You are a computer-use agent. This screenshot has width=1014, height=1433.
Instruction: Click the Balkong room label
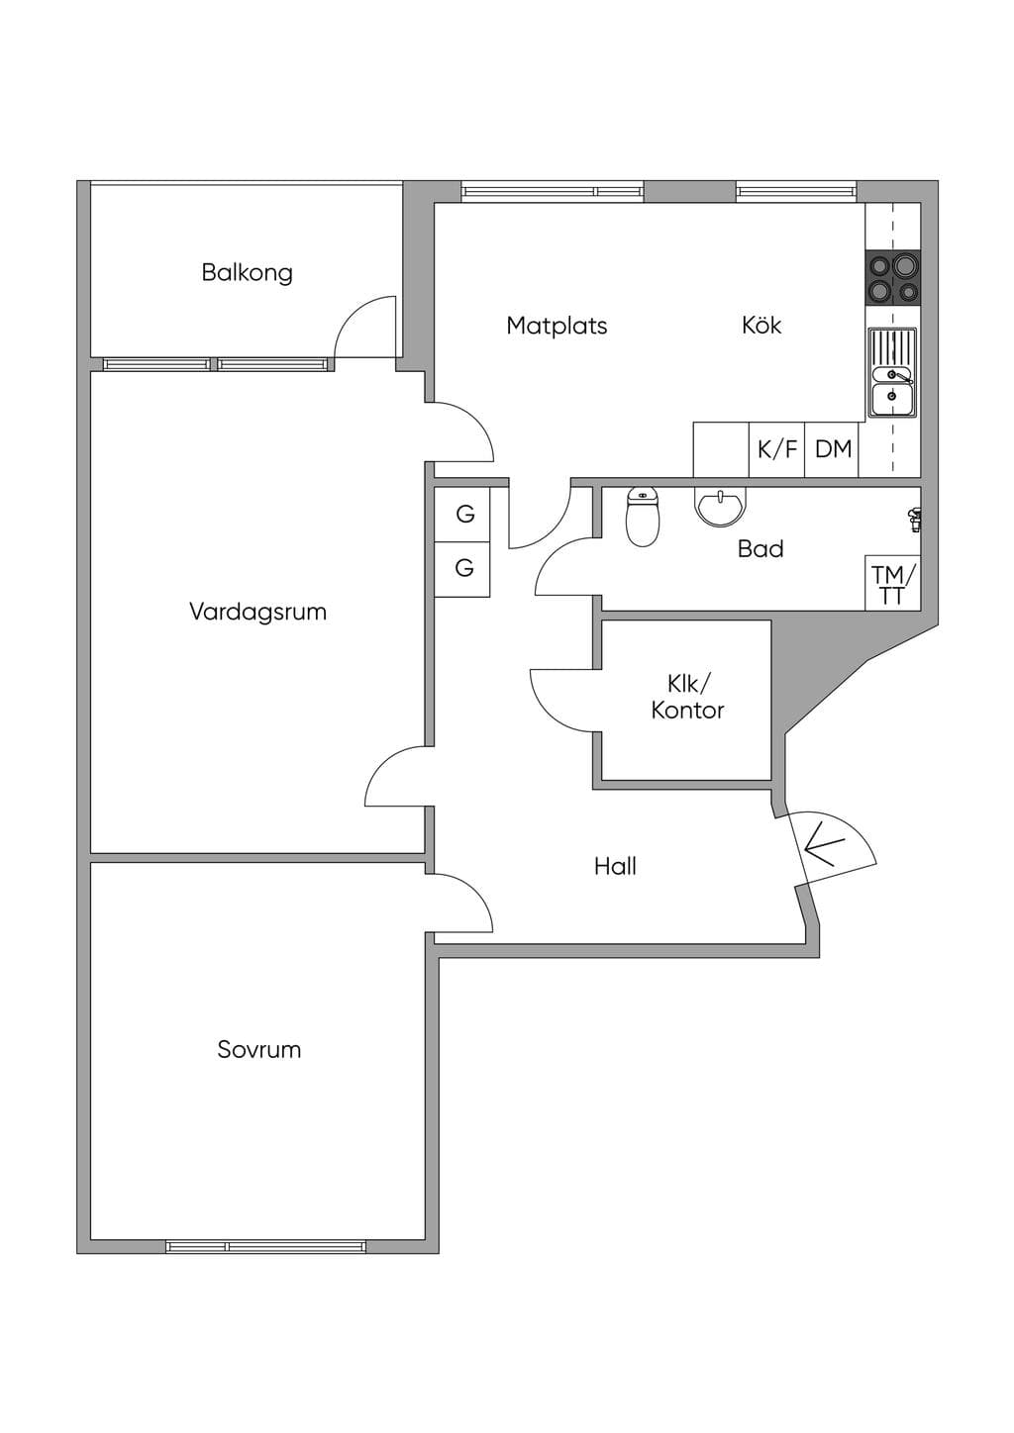pos(248,273)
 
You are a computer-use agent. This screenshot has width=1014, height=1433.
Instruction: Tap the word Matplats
pos(557,326)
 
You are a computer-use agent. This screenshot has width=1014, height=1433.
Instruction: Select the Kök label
pos(761,325)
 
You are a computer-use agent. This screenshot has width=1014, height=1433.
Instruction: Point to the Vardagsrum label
pos(258,612)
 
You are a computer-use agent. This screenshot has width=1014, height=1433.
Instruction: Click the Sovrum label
pos(258,1050)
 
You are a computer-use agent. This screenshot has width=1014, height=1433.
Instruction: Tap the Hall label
pos(615,866)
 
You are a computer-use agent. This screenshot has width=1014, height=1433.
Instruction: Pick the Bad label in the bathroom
pos(760,549)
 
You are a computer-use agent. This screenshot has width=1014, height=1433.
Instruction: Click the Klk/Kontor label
pos(687,698)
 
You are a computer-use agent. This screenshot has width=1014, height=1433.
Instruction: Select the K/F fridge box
pos(776,449)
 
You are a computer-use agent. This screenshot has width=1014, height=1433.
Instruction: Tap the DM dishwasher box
pos(832,449)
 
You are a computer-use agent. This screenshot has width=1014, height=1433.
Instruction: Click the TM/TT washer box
pos(893,583)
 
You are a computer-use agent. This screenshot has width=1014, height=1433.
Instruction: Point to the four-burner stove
pos(893,278)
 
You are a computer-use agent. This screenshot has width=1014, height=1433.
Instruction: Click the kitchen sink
pos(892,372)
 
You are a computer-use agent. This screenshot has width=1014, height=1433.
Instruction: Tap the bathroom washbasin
pos(720,507)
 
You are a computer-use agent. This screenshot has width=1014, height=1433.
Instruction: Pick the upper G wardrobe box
pos(462,515)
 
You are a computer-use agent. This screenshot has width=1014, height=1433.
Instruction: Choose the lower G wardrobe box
pos(462,569)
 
